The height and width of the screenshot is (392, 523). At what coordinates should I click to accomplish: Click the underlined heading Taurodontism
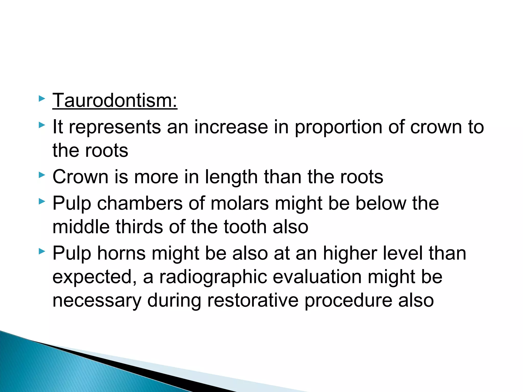(115, 101)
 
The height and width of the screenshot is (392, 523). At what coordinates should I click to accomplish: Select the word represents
(115, 127)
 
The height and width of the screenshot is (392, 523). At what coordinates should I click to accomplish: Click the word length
(231, 177)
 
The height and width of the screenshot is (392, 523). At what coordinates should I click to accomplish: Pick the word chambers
(140, 203)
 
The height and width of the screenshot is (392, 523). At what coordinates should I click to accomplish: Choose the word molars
(240, 203)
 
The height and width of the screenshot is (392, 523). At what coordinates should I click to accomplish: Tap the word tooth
(245, 227)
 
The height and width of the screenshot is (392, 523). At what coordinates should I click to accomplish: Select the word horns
(121, 253)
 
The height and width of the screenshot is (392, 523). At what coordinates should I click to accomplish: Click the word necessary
(97, 300)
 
